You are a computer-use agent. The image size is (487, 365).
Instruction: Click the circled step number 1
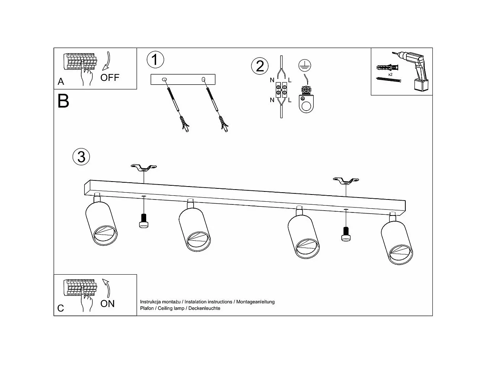point(155,59)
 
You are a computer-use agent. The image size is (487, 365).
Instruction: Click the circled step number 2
point(260,66)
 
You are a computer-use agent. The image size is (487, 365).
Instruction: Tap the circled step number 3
point(81,156)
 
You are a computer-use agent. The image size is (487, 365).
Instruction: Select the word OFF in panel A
point(110,77)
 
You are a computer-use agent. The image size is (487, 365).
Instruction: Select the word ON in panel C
point(108,304)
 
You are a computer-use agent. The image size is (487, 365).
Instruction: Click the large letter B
point(63,101)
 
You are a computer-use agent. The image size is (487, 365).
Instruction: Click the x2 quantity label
point(390,74)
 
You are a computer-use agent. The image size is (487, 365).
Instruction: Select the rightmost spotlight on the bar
point(397,243)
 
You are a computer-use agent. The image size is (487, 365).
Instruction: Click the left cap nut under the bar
point(144,221)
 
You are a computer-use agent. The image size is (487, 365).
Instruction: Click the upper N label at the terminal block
point(272,80)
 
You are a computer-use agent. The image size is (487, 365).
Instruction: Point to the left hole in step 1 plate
point(164,79)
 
